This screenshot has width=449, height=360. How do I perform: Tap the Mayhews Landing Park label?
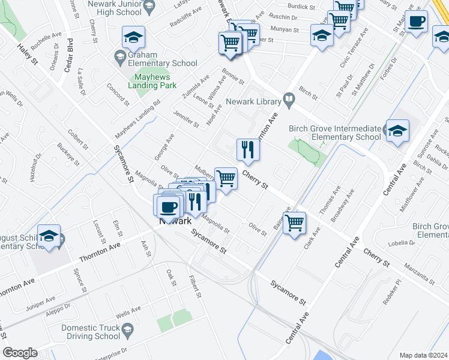coord(155,81)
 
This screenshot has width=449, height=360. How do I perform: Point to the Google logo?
coord(20,353)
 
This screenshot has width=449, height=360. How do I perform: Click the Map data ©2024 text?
coord(424,355)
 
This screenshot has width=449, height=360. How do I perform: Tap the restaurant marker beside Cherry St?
coord(248,149)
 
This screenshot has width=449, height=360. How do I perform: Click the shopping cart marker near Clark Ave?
coord(294,223)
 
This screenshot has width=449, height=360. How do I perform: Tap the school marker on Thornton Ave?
coord(49,236)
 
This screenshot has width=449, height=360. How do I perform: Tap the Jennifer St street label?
coord(186,119)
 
